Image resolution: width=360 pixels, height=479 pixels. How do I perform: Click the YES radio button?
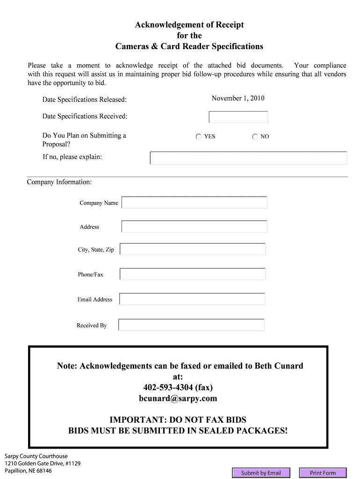pos(199,137)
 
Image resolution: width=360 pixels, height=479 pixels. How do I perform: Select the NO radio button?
pos(255,137)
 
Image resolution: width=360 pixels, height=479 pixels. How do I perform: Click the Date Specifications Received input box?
pos(238,117)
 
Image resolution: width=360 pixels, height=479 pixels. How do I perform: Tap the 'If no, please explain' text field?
pos(248,158)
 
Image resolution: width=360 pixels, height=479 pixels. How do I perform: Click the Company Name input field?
pos(194,203)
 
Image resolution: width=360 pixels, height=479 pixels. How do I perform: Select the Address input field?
pos(194,226)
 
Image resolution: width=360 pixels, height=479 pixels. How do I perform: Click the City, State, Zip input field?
pos(193,249)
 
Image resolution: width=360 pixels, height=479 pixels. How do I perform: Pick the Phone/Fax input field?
pos(193,274)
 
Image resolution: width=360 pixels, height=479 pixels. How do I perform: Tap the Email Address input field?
pos(192,299)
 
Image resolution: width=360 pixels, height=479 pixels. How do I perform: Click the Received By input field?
pos(191,325)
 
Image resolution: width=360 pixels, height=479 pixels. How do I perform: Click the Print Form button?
pos(323,473)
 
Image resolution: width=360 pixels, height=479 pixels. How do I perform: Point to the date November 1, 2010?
pos(238,98)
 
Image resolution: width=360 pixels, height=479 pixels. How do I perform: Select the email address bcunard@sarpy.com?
pos(178,399)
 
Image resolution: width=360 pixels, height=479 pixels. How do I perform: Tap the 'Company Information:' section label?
pos(59,181)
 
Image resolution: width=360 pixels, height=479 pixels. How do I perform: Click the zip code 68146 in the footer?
pos(44,471)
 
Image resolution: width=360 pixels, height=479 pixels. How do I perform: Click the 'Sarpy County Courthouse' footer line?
pos(36,456)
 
